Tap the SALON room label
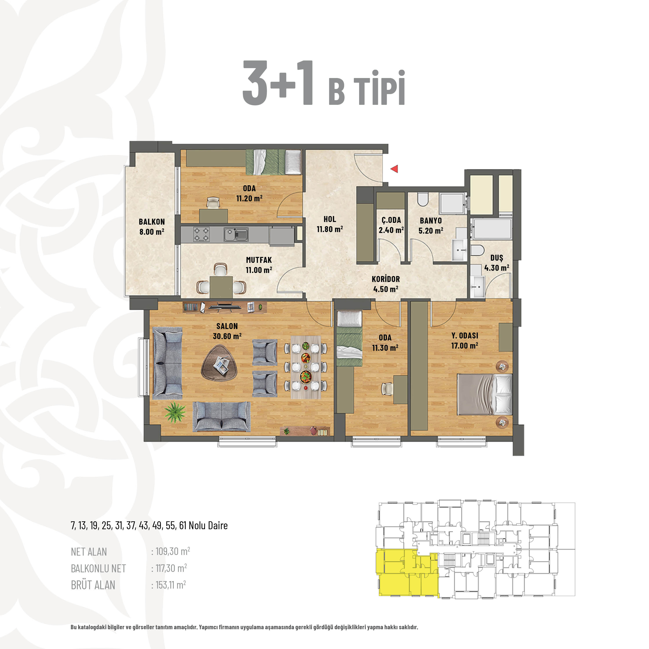pyautogui.click(x=227, y=326)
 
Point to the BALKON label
pyautogui.click(x=152, y=222)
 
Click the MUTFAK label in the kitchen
pyautogui.click(x=259, y=260)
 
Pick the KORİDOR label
pyautogui.click(x=386, y=279)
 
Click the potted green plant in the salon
pyautogui.click(x=175, y=412)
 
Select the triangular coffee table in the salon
pyautogui.click(x=219, y=367)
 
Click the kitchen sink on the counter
pyautogui.click(x=236, y=234)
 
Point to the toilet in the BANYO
pyautogui.click(x=423, y=199)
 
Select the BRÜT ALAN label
pyautogui.click(x=93, y=585)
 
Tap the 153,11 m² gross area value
pyautogui.click(x=171, y=585)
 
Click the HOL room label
pyautogui.click(x=330, y=219)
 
